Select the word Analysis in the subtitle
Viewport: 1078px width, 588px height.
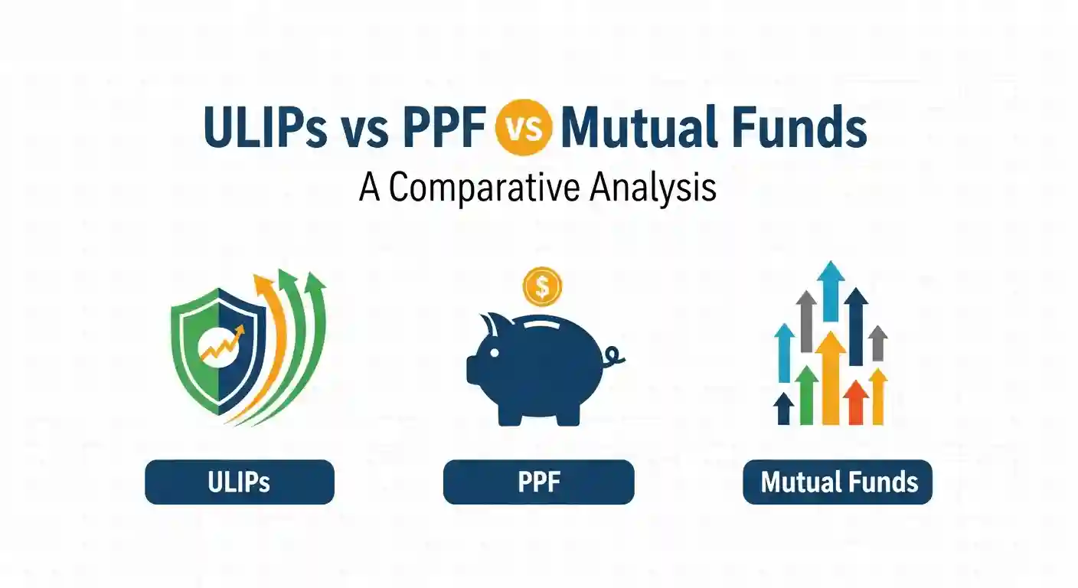(x=653, y=188)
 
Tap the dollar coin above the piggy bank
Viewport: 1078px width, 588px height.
(x=542, y=287)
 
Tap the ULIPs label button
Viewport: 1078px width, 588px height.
(x=239, y=482)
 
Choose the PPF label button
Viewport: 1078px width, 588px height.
(x=538, y=482)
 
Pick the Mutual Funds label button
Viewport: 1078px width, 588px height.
(x=838, y=482)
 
